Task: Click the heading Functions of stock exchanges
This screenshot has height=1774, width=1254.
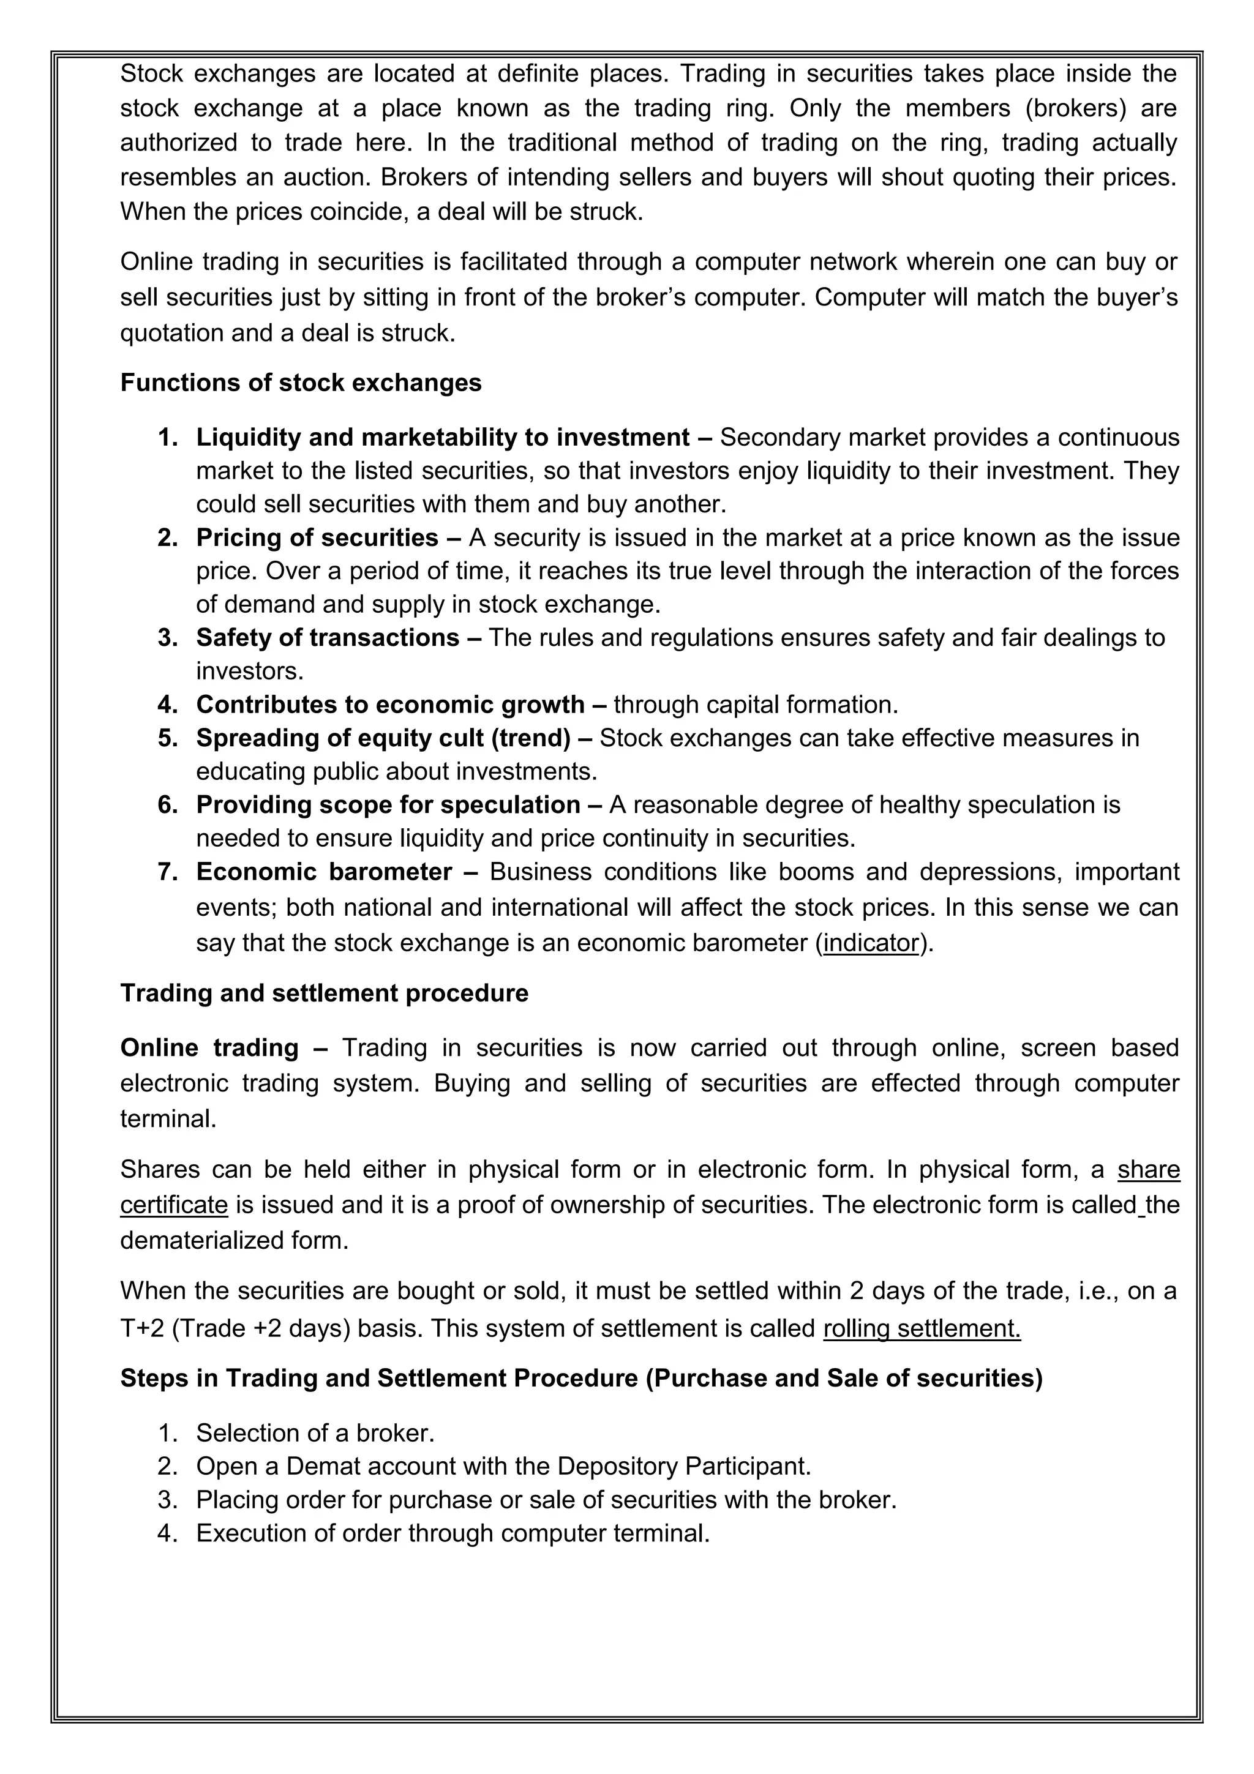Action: click(301, 383)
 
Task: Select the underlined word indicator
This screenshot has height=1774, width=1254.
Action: click(871, 943)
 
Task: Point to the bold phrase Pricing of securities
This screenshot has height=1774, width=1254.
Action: click(317, 537)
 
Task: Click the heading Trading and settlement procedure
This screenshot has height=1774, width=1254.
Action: click(324, 993)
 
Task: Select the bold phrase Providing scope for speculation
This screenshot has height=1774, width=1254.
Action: click(388, 805)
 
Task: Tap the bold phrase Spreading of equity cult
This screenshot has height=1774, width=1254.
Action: click(342, 738)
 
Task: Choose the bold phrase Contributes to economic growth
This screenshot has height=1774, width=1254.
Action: click(390, 705)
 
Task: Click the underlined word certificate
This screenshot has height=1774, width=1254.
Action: click(174, 1205)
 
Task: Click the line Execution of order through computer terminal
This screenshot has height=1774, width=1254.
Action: click(452, 1533)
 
